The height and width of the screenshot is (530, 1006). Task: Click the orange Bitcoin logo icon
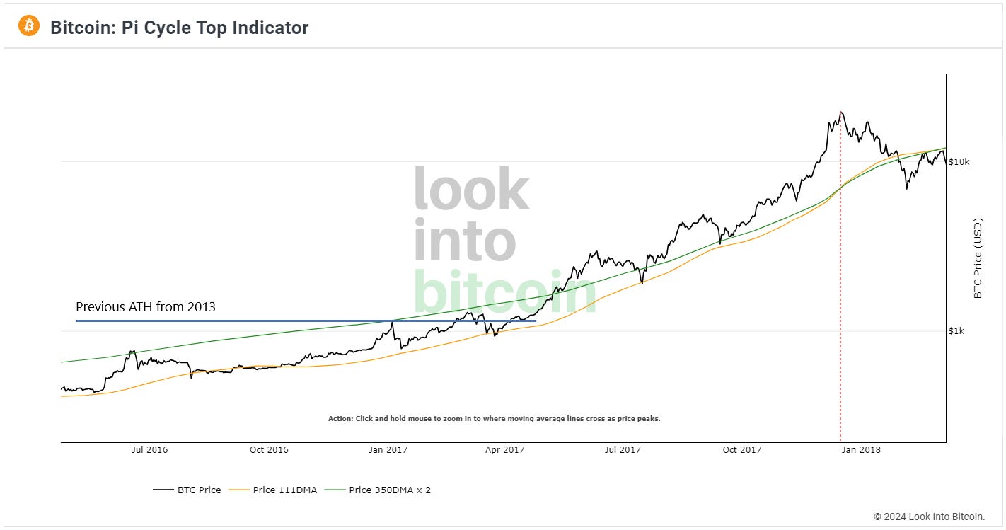click(x=29, y=27)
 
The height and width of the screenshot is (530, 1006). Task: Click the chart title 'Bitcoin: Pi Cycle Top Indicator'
click(x=179, y=28)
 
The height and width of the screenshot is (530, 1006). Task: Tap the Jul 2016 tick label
click(x=149, y=449)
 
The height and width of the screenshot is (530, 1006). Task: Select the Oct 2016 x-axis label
click(x=269, y=449)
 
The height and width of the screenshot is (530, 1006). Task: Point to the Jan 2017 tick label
click(x=388, y=449)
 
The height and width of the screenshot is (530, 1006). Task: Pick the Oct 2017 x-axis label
click(x=741, y=449)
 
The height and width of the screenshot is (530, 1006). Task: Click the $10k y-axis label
click(x=959, y=162)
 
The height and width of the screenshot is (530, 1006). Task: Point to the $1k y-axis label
click(x=957, y=331)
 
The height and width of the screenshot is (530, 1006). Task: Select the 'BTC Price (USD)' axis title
click(x=978, y=259)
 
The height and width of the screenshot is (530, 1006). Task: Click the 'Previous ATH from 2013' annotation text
click(x=145, y=307)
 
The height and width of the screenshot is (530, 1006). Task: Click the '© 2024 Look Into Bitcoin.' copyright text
click(x=929, y=517)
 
